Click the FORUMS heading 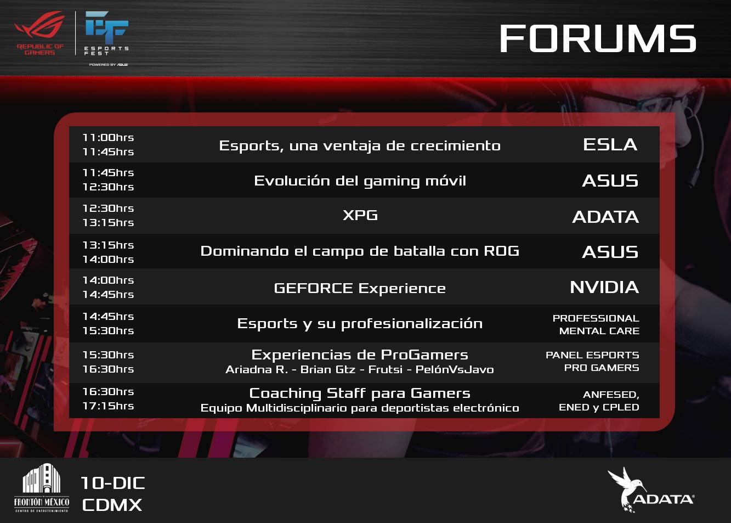coord(598,38)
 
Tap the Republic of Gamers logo coord(40,33)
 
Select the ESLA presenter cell coord(610,145)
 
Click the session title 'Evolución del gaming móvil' coord(360,181)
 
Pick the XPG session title coord(360,215)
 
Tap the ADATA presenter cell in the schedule coord(605,217)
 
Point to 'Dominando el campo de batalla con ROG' coord(360,251)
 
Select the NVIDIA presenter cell coord(604,288)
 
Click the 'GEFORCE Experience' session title coord(360,289)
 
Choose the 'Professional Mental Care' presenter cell coord(596,324)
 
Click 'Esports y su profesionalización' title coord(360,324)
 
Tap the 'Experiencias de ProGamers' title coord(360,355)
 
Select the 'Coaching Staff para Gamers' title coord(360,393)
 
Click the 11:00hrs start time coord(108,138)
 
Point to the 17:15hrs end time coord(108,406)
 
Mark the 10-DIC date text coord(112,483)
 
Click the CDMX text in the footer coord(112,505)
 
